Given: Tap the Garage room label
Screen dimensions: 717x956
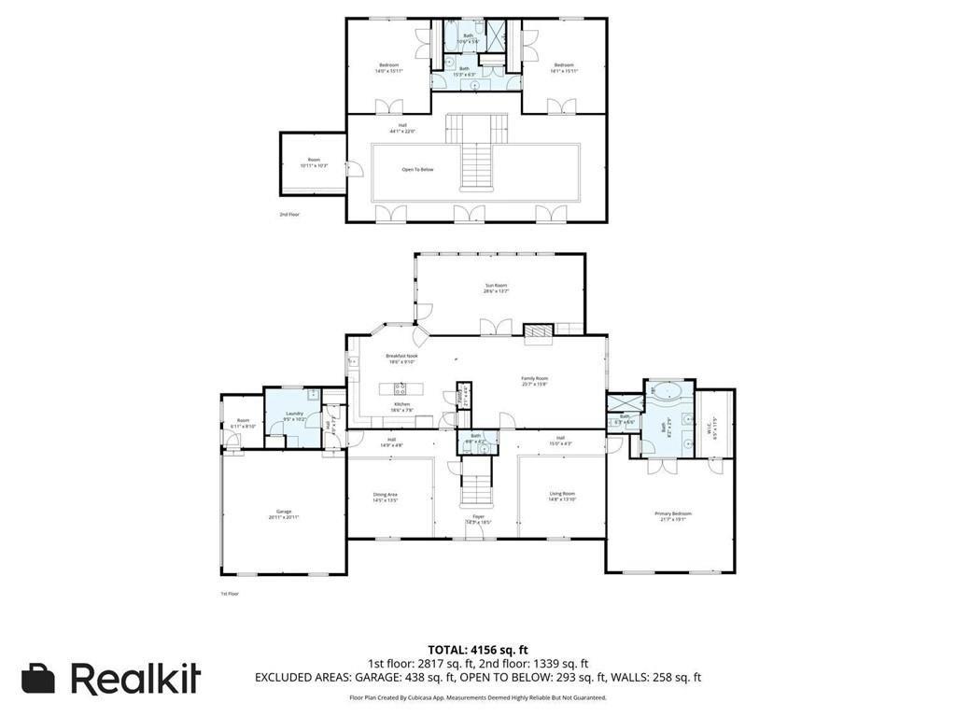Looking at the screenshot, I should [284, 513].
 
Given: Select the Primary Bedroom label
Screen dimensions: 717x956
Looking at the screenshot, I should [670, 515].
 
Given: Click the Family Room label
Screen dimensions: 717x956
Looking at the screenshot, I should [533, 379].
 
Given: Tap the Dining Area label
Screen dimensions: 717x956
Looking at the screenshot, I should [386, 497].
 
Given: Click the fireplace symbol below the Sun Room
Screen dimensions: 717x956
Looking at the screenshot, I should [538, 330].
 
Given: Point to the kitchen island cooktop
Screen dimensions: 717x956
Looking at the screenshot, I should [401, 388].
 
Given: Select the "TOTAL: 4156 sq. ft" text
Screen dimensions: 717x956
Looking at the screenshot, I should [478, 650].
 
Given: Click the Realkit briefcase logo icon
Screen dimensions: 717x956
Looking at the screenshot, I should [38, 679].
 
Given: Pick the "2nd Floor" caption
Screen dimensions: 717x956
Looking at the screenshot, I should [289, 214].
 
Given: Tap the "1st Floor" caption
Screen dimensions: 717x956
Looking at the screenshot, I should [230, 593].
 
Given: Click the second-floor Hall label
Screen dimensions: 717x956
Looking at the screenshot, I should [402, 128].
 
